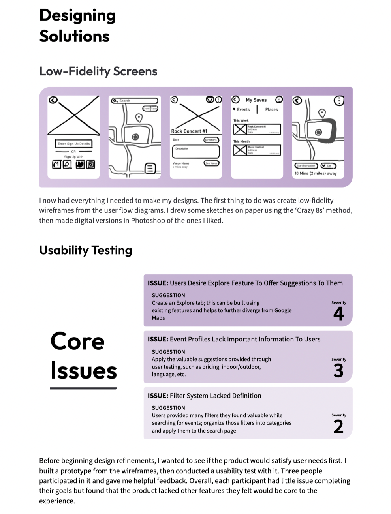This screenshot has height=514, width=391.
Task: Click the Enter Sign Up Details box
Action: (x=73, y=144)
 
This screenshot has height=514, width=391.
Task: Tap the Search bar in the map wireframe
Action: (x=135, y=101)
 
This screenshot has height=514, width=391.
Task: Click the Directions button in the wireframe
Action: (x=211, y=140)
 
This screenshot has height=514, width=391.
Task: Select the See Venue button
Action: (x=211, y=163)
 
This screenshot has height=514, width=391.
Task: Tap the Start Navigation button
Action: (x=306, y=166)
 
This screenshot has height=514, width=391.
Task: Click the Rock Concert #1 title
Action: (x=189, y=131)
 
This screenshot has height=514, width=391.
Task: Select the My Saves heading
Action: (x=256, y=100)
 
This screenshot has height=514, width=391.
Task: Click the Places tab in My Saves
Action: (x=271, y=109)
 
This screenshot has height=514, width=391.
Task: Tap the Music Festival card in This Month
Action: (x=257, y=150)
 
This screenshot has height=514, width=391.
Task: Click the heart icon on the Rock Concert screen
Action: (x=211, y=99)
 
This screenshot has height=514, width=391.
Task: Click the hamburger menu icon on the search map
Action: (x=150, y=169)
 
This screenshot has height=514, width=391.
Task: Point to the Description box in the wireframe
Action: (x=195, y=152)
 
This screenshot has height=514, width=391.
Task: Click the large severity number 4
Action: (x=338, y=314)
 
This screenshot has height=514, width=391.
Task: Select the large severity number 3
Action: (x=338, y=370)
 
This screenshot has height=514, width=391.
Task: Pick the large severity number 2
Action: (x=338, y=427)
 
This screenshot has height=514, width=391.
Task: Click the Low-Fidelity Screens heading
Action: (x=98, y=71)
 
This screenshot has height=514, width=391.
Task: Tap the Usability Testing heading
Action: (x=85, y=250)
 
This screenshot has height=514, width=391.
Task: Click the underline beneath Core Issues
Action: (x=84, y=388)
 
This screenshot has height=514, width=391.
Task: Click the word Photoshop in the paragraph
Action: (x=148, y=221)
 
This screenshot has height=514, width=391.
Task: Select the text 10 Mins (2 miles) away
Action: (x=316, y=173)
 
